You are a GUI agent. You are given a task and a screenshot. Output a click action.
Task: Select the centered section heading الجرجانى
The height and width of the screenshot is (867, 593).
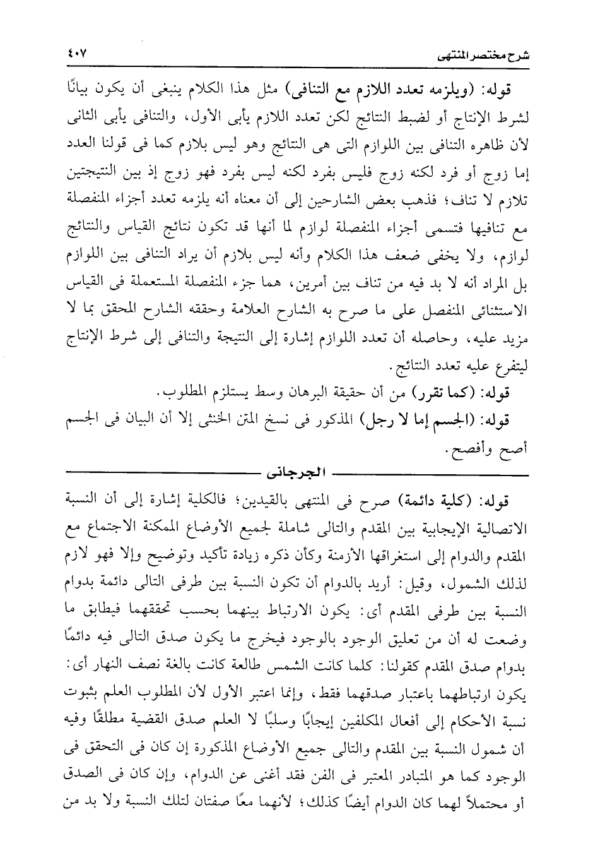pyautogui.click(x=295, y=473)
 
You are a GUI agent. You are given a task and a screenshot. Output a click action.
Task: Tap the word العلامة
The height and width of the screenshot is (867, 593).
pyautogui.click(x=273, y=314)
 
